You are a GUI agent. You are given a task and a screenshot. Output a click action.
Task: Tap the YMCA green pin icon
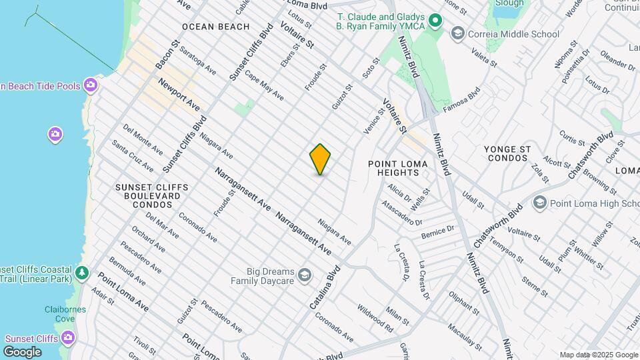435,21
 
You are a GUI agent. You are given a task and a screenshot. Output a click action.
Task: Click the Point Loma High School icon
540,202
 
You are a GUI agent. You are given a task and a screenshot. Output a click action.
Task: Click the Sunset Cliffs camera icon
67,337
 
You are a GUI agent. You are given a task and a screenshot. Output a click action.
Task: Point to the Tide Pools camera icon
91,85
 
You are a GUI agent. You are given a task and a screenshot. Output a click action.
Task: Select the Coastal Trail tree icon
82,273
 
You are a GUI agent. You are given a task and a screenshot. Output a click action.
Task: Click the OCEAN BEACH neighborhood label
215,27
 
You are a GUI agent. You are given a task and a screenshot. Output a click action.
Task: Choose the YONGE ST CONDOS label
509,153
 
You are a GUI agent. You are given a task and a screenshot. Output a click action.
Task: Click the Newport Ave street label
179,95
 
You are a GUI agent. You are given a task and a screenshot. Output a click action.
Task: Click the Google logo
22,352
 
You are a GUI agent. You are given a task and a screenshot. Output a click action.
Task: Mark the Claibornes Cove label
59,313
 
